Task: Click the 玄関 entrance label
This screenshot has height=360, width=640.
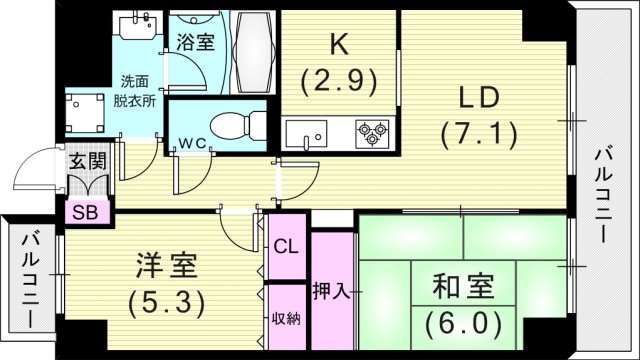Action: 87,160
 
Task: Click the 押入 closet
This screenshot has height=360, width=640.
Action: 334,292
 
